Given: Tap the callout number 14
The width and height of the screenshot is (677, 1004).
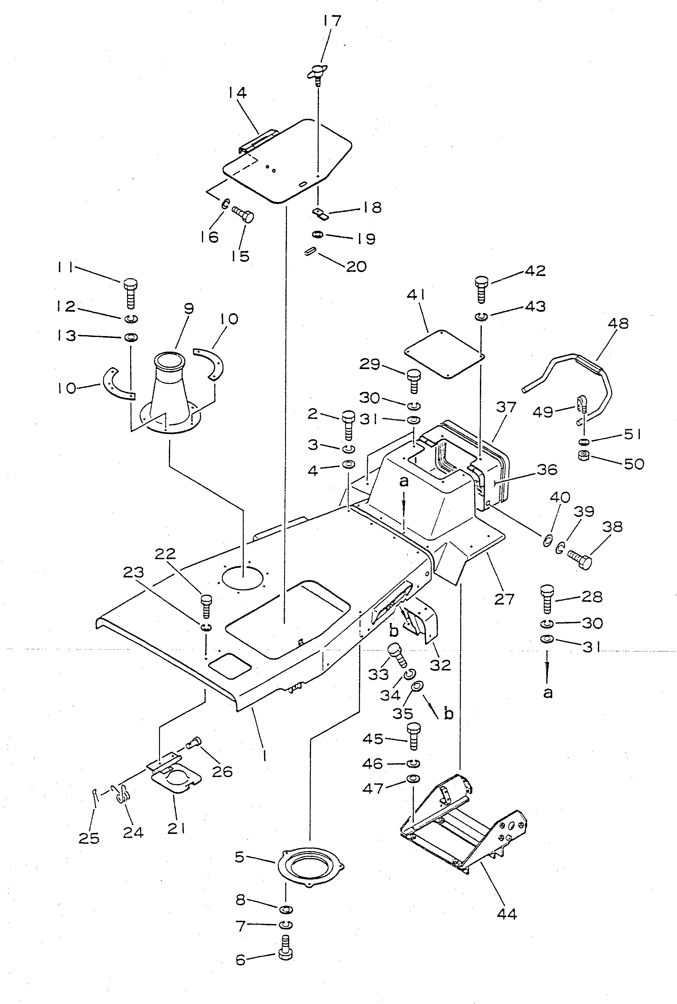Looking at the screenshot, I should coord(237,93).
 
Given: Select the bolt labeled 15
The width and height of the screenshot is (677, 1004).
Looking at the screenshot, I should coord(244,214).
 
